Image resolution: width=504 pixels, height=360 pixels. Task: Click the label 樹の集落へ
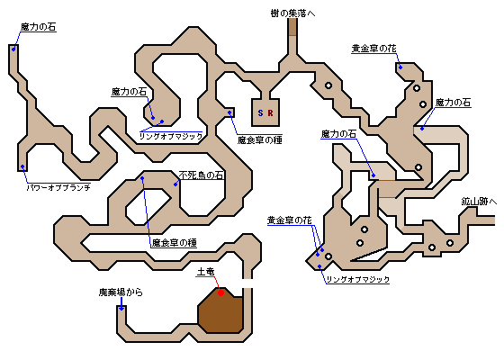(x=292, y=13)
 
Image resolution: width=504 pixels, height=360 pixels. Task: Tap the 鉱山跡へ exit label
(x=479, y=202)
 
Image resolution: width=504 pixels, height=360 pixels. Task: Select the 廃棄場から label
(x=121, y=292)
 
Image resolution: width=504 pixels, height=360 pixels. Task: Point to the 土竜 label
(x=206, y=272)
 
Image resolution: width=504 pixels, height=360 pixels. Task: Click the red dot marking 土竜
(x=220, y=292)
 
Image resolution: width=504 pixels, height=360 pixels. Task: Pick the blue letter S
(x=260, y=112)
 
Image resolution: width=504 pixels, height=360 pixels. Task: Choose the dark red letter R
(x=270, y=112)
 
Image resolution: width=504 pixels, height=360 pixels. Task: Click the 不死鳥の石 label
(x=202, y=175)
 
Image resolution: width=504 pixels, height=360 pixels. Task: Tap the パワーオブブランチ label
(x=58, y=187)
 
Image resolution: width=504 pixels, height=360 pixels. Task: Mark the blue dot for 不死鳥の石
(x=175, y=184)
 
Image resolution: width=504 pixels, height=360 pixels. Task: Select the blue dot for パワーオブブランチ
(x=22, y=166)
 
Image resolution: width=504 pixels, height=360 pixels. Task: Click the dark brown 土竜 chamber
(x=220, y=310)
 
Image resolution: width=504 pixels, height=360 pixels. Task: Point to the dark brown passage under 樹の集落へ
(x=292, y=27)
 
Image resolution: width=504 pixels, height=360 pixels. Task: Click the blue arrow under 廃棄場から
(x=121, y=304)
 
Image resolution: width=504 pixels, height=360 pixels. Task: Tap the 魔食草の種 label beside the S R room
(x=260, y=140)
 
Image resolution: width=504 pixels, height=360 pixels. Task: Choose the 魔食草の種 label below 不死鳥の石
(x=174, y=243)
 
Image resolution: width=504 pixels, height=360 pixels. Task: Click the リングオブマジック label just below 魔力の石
(x=171, y=136)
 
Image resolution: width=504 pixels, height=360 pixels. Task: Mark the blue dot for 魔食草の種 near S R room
(x=229, y=112)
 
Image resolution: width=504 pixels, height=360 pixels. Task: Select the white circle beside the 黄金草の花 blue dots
(x=328, y=256)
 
